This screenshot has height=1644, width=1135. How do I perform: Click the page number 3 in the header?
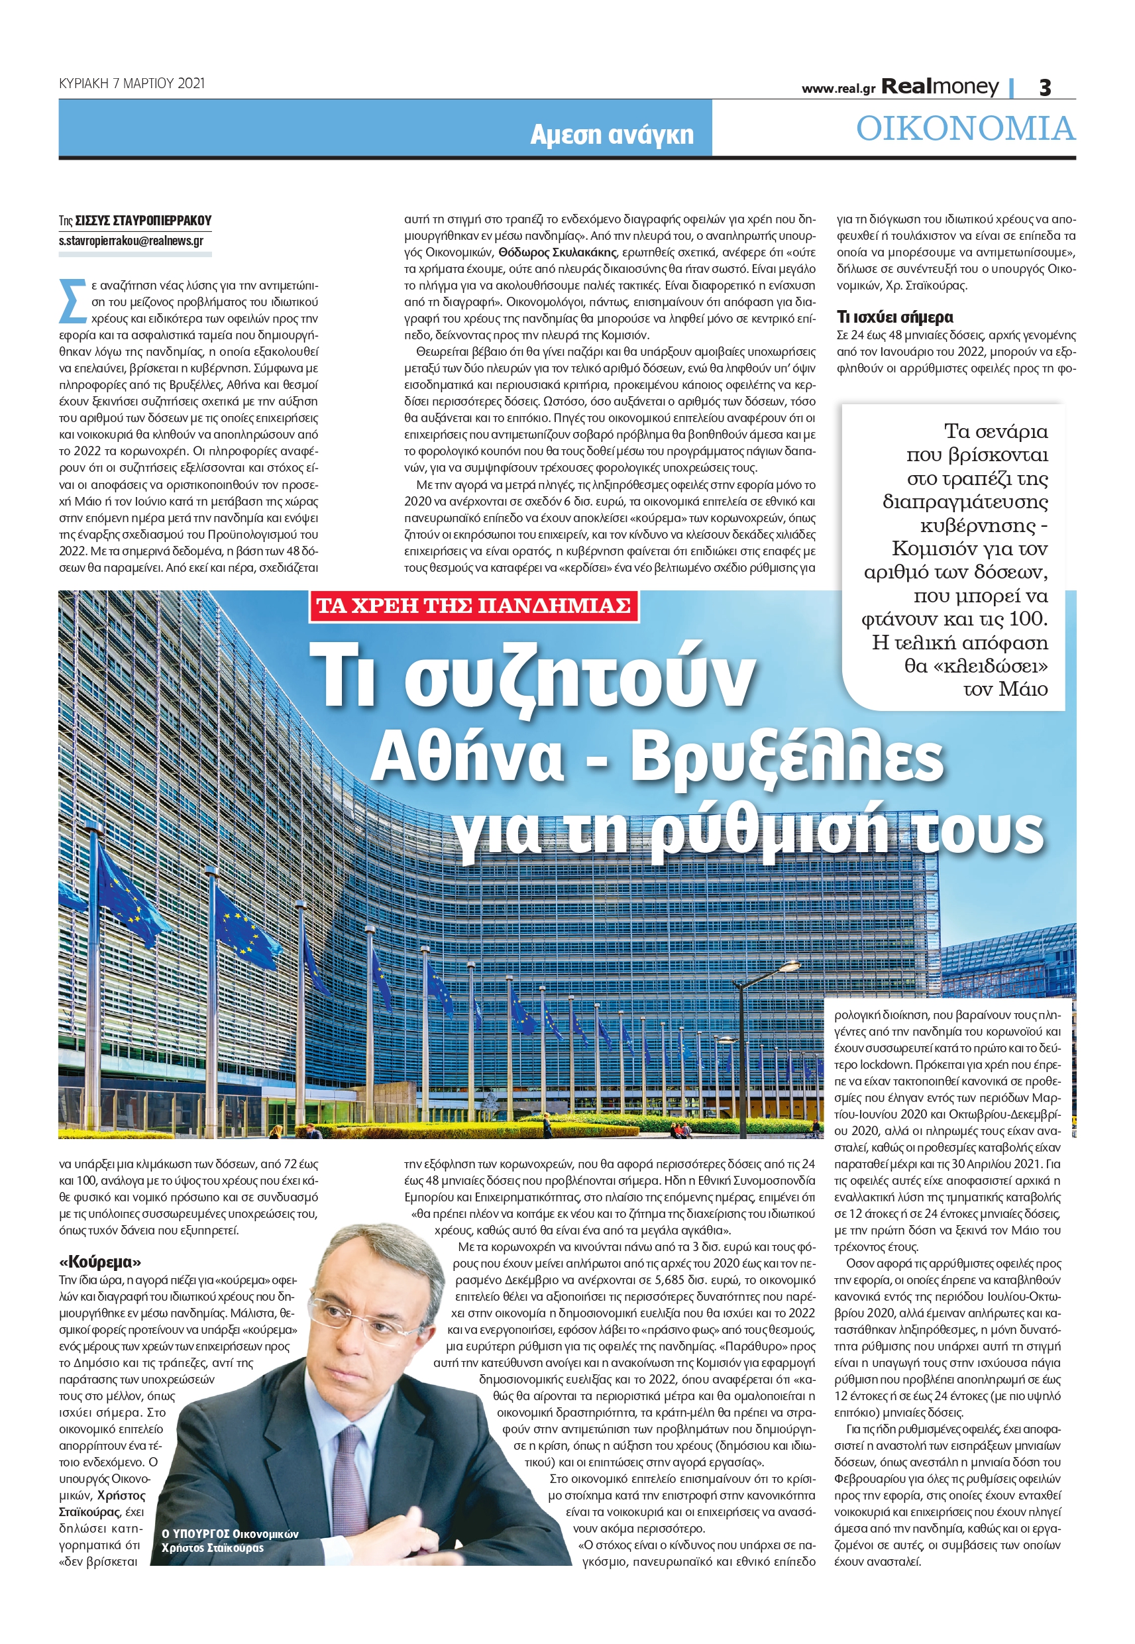click(1045, 87)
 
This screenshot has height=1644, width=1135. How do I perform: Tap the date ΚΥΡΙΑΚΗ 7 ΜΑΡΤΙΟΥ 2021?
click(132, 83)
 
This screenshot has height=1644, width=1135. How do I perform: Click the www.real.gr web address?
click(838, 89)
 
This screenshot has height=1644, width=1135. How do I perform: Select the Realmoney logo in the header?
click(940, 87)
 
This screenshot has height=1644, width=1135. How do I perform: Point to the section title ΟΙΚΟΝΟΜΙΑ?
click(965, 129)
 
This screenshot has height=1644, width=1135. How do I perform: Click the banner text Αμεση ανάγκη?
click(612, 134)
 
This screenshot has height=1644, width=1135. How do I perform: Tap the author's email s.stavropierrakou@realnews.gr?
click(131, 241)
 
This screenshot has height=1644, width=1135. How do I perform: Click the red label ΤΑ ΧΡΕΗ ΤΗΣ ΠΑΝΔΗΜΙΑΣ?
click(473, 606)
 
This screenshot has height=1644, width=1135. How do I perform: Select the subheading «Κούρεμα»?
click(100, 1262)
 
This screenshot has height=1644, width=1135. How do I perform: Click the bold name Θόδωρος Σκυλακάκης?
click(557, 252)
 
